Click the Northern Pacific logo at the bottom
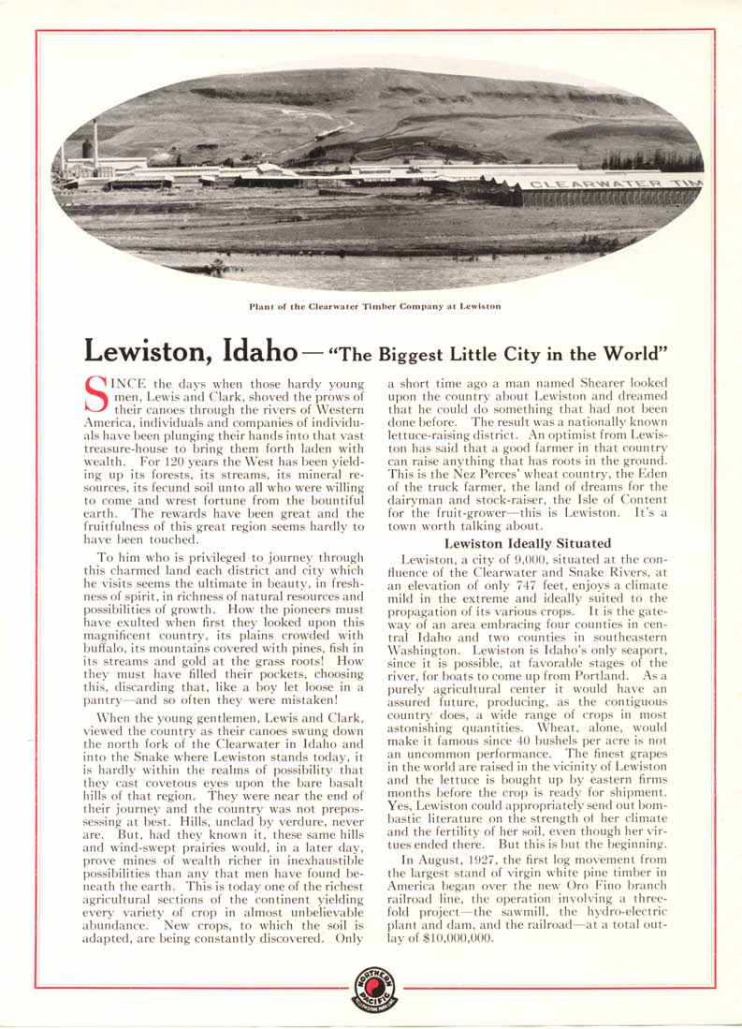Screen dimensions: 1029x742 [374, 989]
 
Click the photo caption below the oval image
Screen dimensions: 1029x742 [374, 306]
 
